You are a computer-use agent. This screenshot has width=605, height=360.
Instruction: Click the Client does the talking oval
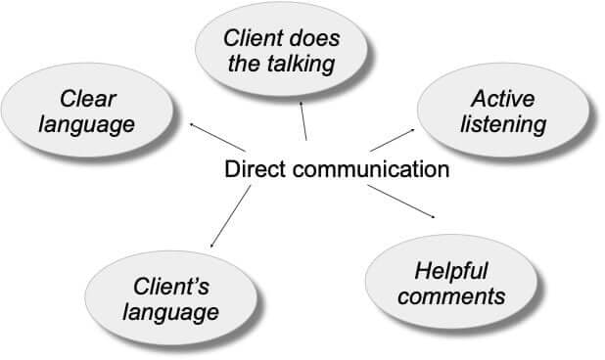(280, 52)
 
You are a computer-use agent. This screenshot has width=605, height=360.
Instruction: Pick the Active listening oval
(506, 112)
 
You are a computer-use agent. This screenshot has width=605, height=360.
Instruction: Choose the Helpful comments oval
(451, 282)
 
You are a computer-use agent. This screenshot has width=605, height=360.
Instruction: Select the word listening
(506, 125)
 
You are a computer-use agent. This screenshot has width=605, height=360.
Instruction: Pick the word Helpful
(451, 269)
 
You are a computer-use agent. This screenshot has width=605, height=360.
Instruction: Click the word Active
(506, 99)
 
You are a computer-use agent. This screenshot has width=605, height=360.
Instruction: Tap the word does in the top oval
(310, 39)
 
